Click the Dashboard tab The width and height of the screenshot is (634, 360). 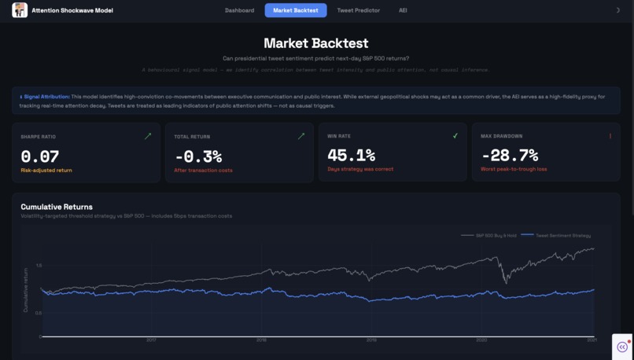point(239,10)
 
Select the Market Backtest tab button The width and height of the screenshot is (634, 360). point(296,10)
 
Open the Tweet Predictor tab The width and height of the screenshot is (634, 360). point(358,10)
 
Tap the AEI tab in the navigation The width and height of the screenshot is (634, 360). point(403,10)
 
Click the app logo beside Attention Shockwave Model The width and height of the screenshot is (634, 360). point(20,10)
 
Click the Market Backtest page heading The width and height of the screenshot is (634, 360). point(315,43)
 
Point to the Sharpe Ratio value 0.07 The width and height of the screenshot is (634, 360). point(39,156)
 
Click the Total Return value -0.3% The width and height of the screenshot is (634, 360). point(198,156)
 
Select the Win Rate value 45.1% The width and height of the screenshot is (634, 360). point(351,155)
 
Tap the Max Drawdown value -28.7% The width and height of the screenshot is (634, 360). point(509,155)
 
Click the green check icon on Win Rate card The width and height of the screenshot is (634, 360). point(455,136)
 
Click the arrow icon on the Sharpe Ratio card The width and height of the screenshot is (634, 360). point(148,136)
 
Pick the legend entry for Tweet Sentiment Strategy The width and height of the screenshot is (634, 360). point(562,235)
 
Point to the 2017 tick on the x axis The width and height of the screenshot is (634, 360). point(151,340)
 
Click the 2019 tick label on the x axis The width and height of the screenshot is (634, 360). point(371,340)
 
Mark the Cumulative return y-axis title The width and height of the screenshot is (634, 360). point(25,289)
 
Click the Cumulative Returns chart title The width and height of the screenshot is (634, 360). point(56,207)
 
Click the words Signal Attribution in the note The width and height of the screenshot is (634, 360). point(46,97)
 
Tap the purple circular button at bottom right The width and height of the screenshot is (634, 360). point(622,347)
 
